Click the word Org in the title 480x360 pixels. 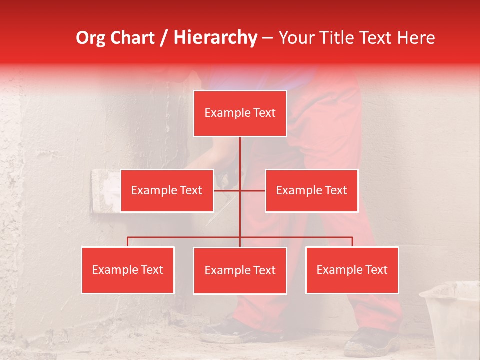91,38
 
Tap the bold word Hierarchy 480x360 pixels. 215,38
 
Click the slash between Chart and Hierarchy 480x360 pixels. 164,38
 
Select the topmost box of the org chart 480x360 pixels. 240,113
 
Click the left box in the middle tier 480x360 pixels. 167,191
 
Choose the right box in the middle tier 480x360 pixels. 311,191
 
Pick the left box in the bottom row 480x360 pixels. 128,270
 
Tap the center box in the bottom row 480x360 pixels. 240,271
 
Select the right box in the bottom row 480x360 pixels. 352,270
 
